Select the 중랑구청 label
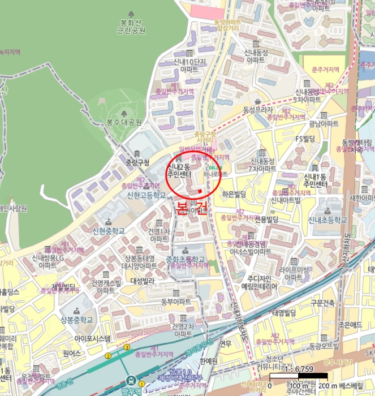pyautogui.click(x=137, y=163)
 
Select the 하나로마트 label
pyautogui.click(x=220, y=175)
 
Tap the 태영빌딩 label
pyautogui.click(x=285, y=313)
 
